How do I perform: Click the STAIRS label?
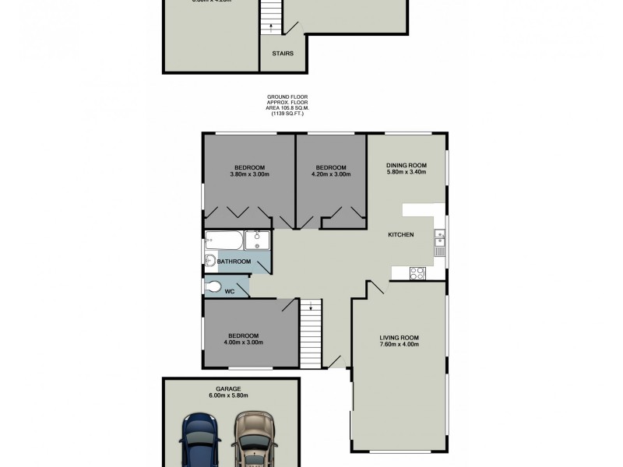click(x=283, y=54)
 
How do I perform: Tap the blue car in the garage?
click(x=201, y=441)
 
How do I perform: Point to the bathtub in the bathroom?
click(x=224, y=240)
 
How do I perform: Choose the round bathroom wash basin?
click(x=209, y=261)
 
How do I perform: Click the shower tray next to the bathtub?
click(x=257, y=240)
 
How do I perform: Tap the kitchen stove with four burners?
click(x=417, y=272)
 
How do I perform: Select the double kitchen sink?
click(x=440, y=245)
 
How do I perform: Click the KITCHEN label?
click(x=400, y=234)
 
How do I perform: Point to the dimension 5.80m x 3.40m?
click(x=406, y=174)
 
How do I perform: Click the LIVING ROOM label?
click(x=399, y=338)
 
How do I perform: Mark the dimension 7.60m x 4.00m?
click(x=399, y=345)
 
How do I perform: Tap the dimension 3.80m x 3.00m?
click(x=249, y=174)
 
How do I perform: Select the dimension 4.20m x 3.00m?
click(x=331, y=174)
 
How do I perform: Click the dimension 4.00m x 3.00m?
click(x=244, y=342)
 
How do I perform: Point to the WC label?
click(x=230, y=292)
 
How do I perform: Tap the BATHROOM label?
click(x=234, y=262)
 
